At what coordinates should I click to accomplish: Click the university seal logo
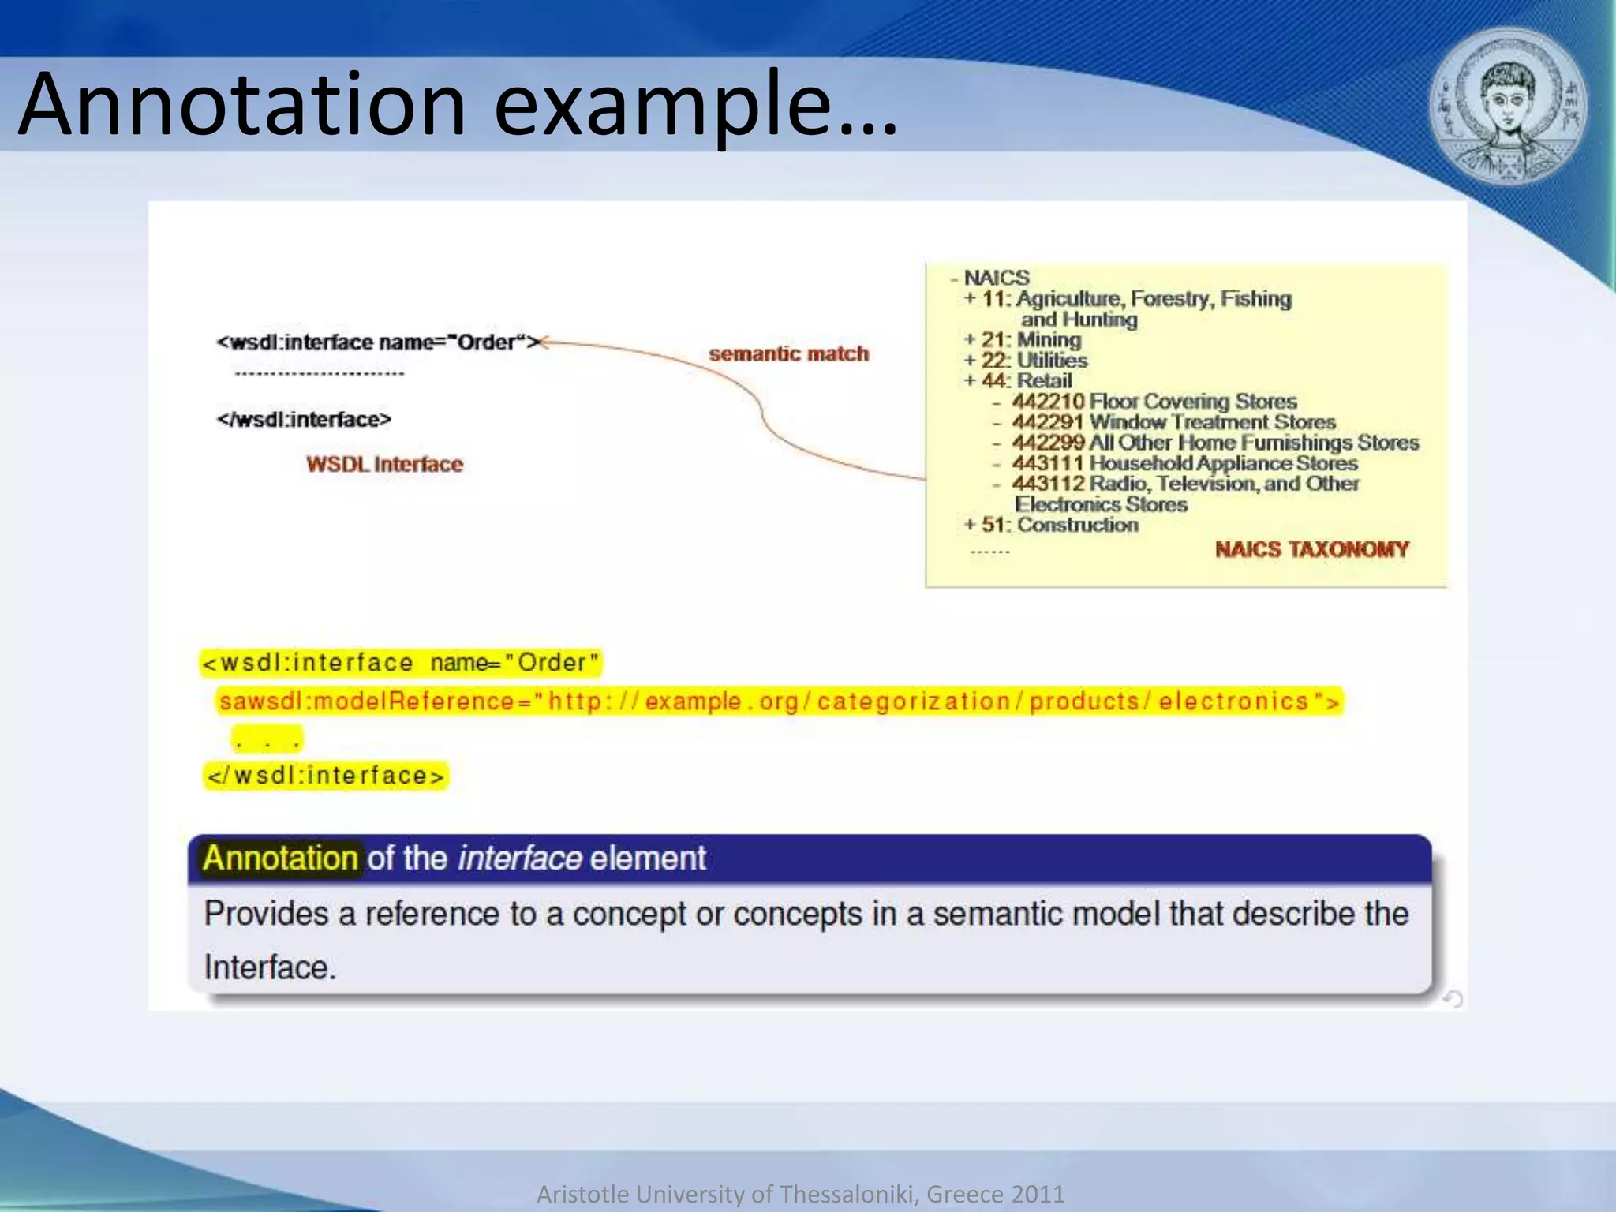(1508, 107)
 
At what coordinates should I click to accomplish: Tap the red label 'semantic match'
(788, 353)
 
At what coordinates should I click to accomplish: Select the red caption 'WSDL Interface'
(384, 464)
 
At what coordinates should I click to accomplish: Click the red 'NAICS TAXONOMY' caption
(1311, 549)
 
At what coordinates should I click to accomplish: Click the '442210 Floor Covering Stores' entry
(1154, 402)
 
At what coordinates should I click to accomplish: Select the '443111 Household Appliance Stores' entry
(1184, 463)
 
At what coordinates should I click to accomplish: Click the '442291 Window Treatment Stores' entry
(1173, 422)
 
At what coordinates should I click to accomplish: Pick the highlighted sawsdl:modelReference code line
(778, 701)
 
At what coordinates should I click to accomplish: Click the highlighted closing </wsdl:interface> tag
(325, 776)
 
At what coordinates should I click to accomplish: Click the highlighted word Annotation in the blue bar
(280, 858)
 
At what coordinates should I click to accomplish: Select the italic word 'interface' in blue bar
(520, 858)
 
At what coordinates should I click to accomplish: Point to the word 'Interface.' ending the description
(270, 967)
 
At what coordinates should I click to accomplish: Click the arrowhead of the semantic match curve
(544, 342)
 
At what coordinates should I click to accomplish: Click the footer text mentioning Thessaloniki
(800, 1194)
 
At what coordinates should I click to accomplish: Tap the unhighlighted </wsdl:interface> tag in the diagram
(304, 419)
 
